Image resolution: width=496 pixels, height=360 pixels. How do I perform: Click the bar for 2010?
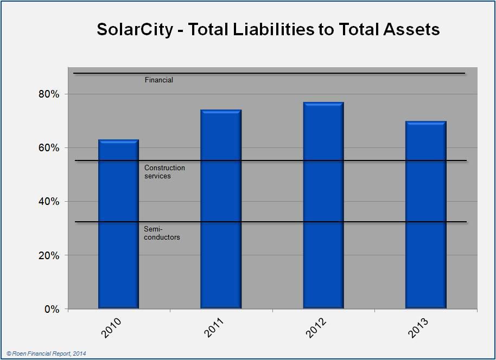click(118, 224)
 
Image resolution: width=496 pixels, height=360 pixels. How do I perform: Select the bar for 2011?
click(221, 209)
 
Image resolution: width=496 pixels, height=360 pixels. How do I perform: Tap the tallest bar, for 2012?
click(323, 205)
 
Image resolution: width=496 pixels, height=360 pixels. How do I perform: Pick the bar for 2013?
click(426, 215)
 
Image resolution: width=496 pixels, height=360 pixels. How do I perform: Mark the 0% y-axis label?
click(50, 309)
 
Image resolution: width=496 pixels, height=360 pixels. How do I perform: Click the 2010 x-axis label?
click(112, 328)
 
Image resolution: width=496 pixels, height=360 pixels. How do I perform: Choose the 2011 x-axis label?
click(215, 328)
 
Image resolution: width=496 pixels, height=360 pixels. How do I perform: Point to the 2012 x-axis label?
click(317, 328)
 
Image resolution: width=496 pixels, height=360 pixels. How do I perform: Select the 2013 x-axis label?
click(420, 328)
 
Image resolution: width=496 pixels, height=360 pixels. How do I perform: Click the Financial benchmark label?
click(158, 80)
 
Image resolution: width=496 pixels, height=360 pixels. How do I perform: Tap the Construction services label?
click(164, 172)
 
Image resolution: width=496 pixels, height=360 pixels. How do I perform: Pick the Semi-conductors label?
click(162, 234)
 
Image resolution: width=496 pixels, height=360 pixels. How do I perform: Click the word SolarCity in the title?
click(136, 29)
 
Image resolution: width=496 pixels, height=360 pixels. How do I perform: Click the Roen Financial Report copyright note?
click(46, 353)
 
